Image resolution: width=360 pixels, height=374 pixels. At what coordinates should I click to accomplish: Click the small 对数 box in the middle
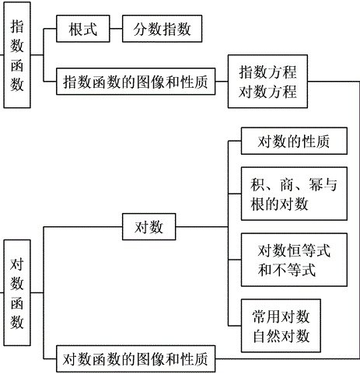[x=149, y=229]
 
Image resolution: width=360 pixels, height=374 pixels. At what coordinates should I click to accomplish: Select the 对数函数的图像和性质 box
[x=136, y=358]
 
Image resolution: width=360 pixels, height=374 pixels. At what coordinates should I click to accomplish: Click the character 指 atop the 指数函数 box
[x=18, y=26]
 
